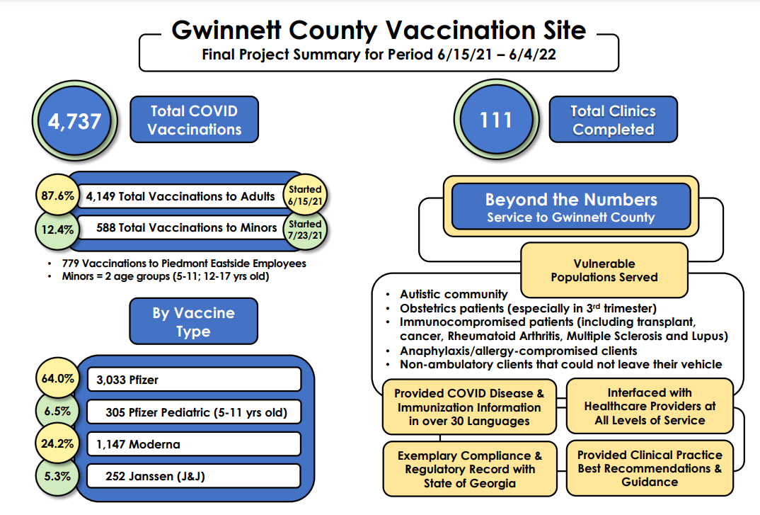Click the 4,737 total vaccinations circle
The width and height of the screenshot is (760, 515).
[x=74, y=120]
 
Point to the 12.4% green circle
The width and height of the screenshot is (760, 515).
[x=57, y=228]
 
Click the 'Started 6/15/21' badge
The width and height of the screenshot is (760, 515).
[x=305, y=195]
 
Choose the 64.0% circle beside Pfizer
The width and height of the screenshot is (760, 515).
[x=57, y=379]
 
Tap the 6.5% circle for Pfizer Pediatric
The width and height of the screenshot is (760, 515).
[x=57, y=410]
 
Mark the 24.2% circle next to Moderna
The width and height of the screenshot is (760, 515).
[x=57, y=444]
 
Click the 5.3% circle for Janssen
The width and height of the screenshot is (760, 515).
[x=57, y=476]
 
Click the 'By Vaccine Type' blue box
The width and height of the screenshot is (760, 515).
[x=193, y=322]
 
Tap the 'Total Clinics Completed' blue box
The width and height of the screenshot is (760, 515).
[x=613, y=120]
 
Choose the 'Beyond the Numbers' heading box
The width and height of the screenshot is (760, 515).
[x=570, y=207]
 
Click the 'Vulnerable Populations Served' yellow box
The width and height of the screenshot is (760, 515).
[x=604, y=270]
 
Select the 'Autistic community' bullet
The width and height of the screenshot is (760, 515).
[x=454, y=294]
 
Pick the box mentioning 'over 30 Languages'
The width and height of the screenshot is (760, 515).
[x=468, y=407]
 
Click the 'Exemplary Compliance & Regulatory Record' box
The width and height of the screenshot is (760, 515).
[x=469, y=469]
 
